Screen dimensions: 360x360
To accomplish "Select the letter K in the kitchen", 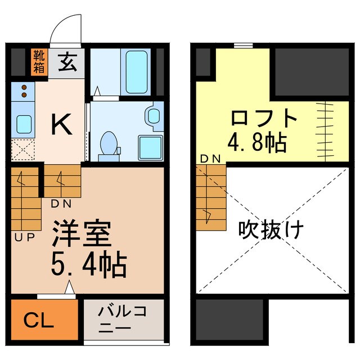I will (61, 124).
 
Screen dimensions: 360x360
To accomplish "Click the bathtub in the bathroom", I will (137, 72).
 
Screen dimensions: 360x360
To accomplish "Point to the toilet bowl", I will (107, 143).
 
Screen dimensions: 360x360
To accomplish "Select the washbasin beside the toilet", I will (152, 115).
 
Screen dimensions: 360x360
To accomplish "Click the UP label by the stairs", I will (24, 237).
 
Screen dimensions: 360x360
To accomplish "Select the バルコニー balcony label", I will (122, 319).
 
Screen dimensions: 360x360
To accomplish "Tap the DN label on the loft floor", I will (211, 160).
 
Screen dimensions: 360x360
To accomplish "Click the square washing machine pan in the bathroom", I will (150, 147).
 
